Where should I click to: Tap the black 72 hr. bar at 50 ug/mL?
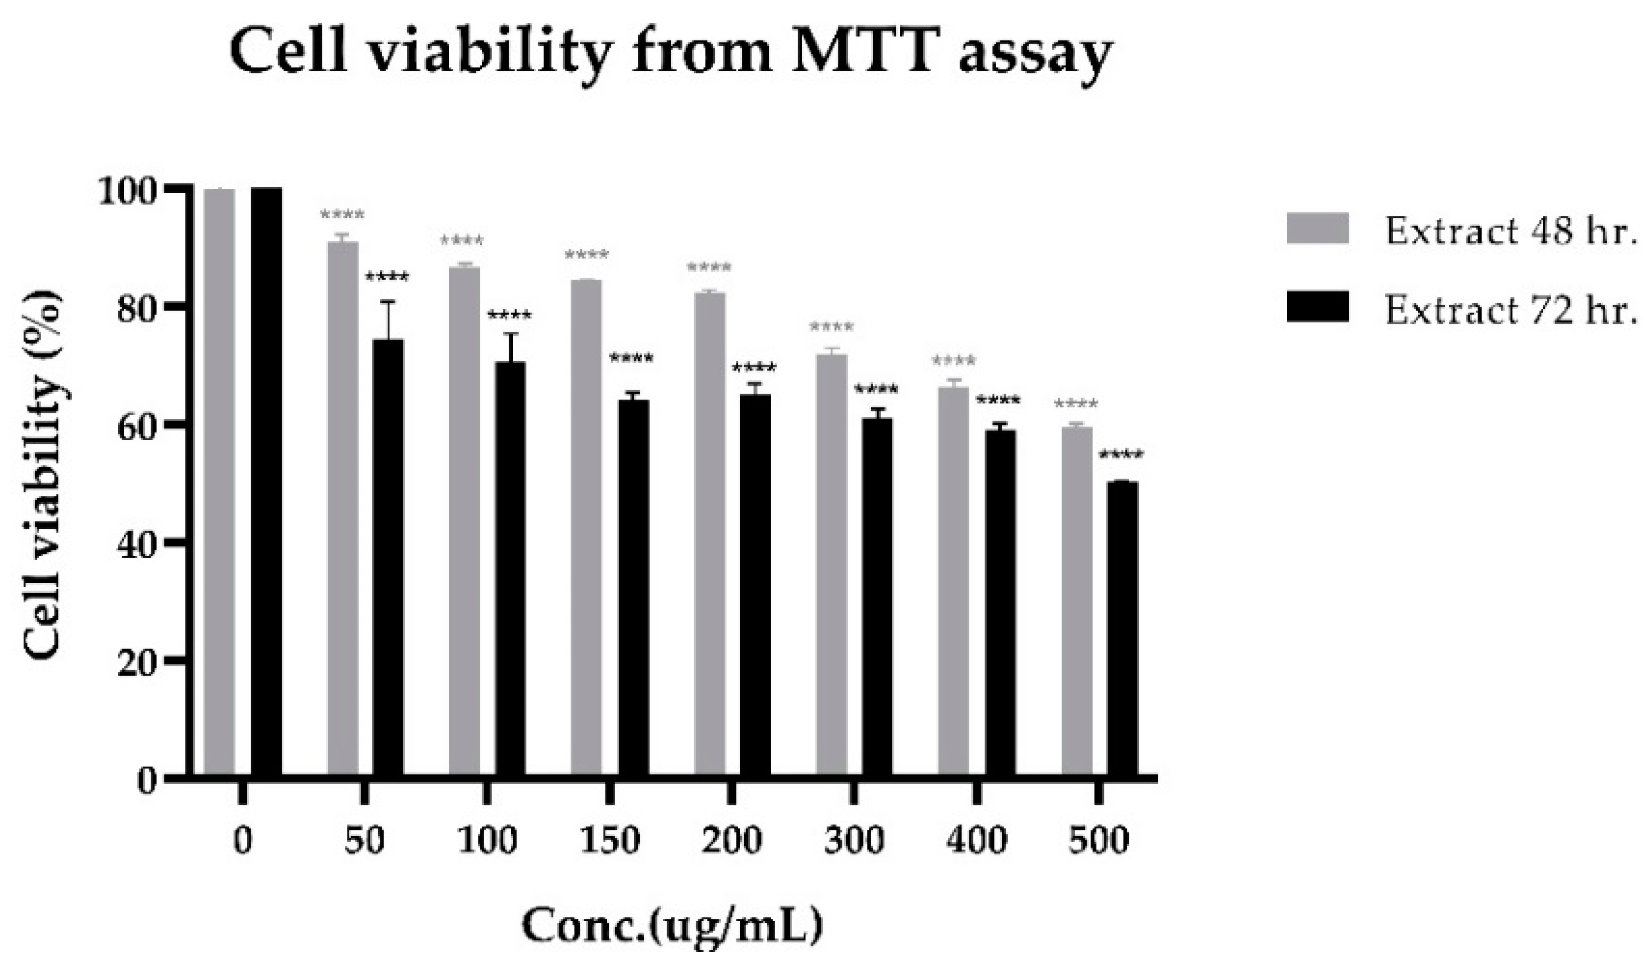tap(389, 557)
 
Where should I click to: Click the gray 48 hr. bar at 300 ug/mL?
tap(831, 564)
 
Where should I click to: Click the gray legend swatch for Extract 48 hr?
tap(1317, 229)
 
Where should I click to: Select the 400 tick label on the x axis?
tap(976, 840)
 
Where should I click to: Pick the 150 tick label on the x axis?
tap(609, 840)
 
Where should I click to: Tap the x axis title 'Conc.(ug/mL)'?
tap(672, 926)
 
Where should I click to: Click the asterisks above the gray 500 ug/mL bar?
tap(1076, 404)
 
